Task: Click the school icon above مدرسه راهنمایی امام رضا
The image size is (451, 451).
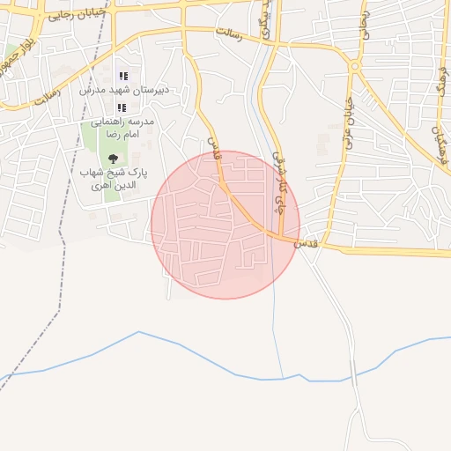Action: point(122,107)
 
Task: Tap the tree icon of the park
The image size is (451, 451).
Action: point(112,158)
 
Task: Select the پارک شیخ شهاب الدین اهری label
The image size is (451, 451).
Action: point(111,179)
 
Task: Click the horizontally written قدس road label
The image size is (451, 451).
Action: point(302,241)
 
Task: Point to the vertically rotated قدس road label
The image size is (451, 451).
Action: point(212,147)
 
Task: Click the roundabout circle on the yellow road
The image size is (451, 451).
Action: point(354,66)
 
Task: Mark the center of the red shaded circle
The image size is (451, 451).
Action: point(225,225)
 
